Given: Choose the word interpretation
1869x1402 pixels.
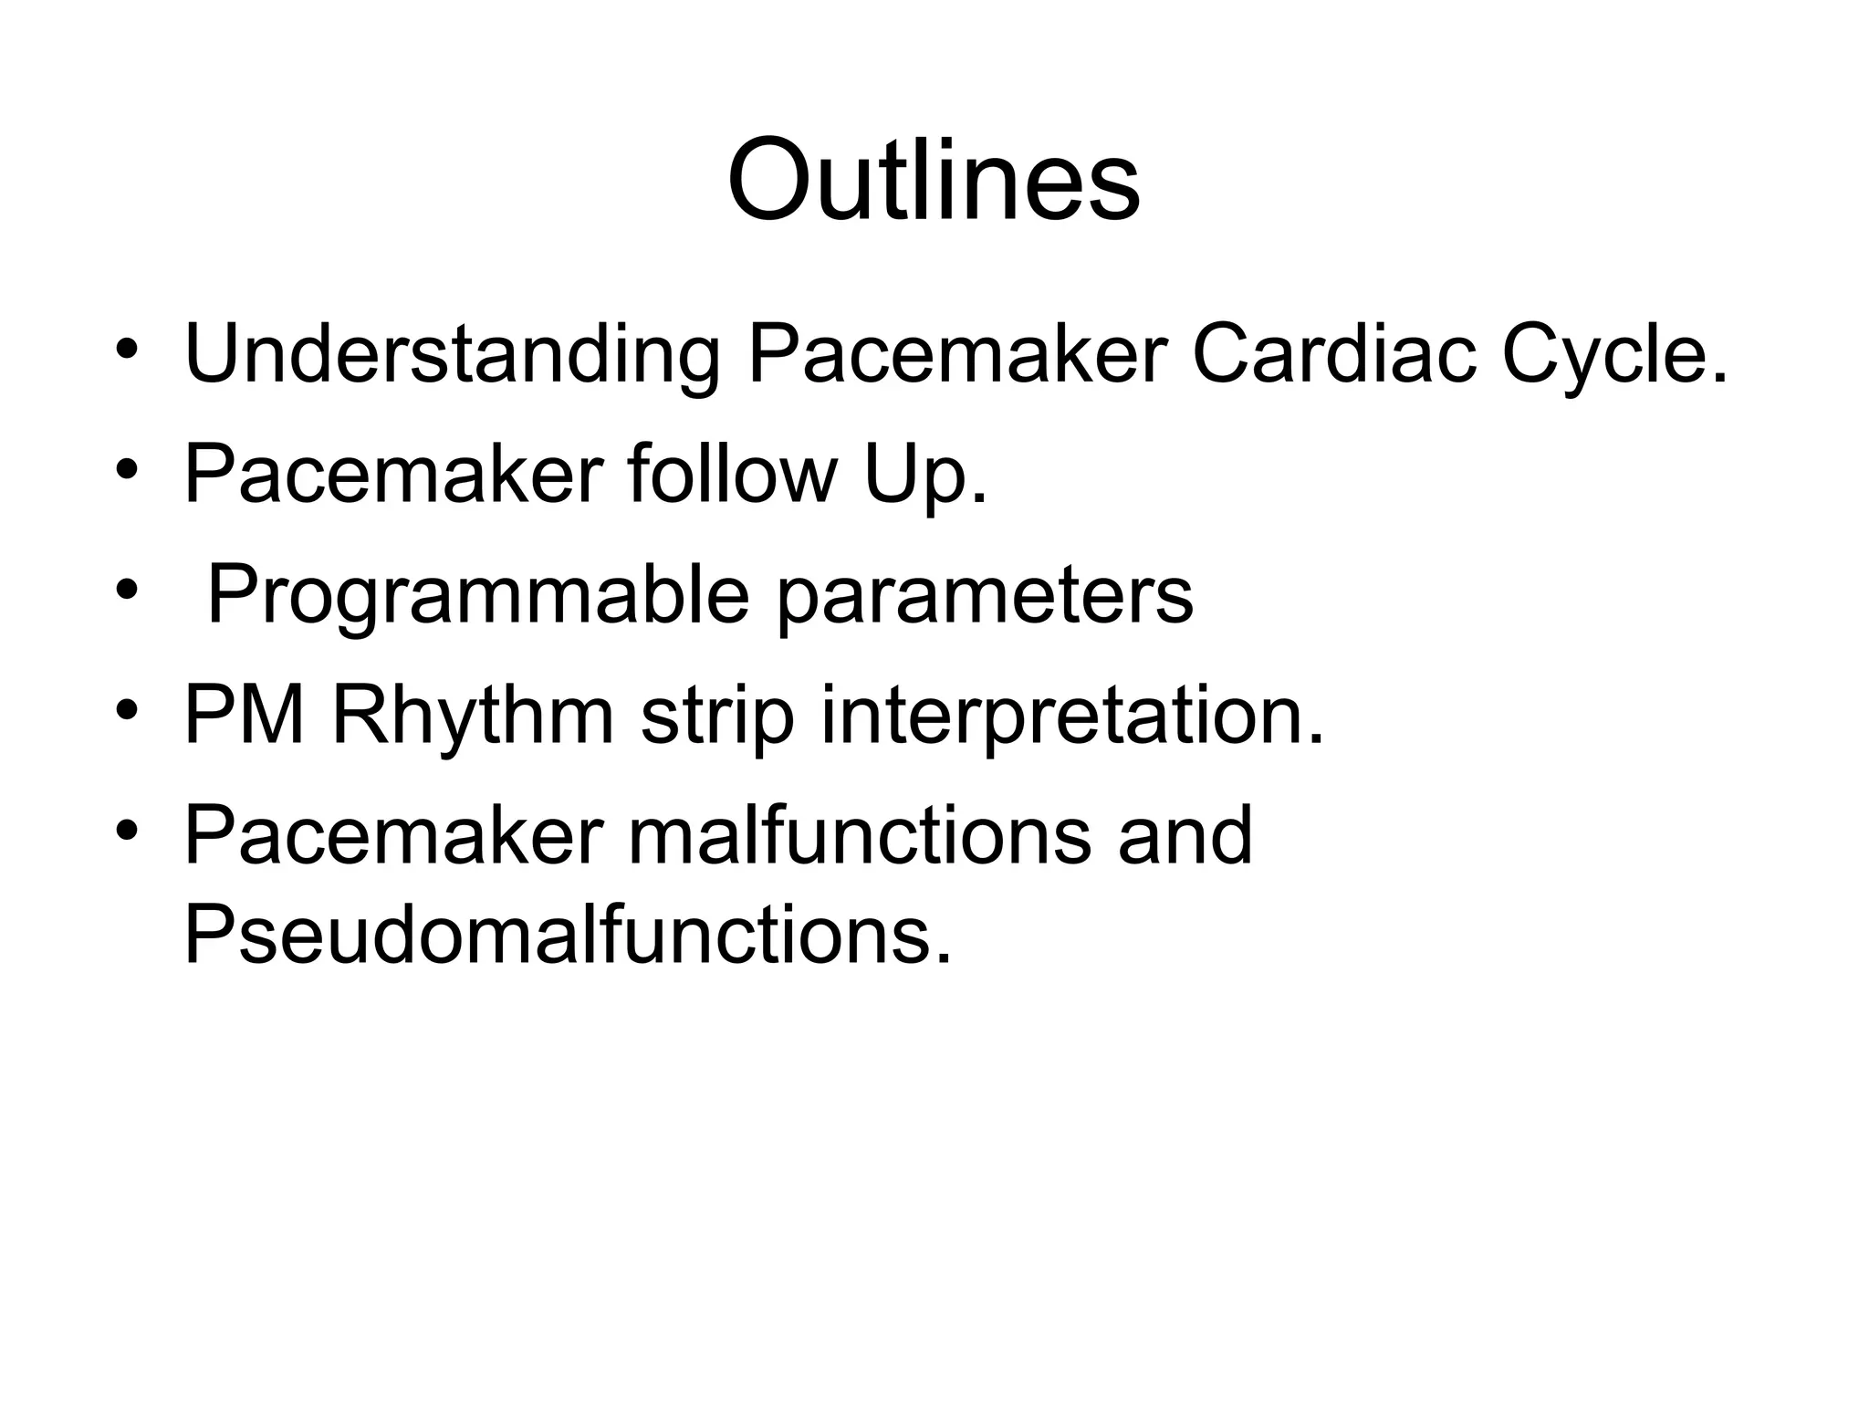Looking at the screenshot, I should pyautogui.click(x=1071, y=717).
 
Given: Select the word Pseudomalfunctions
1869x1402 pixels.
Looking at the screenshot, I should pyautogui.click(x=567, y=935).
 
